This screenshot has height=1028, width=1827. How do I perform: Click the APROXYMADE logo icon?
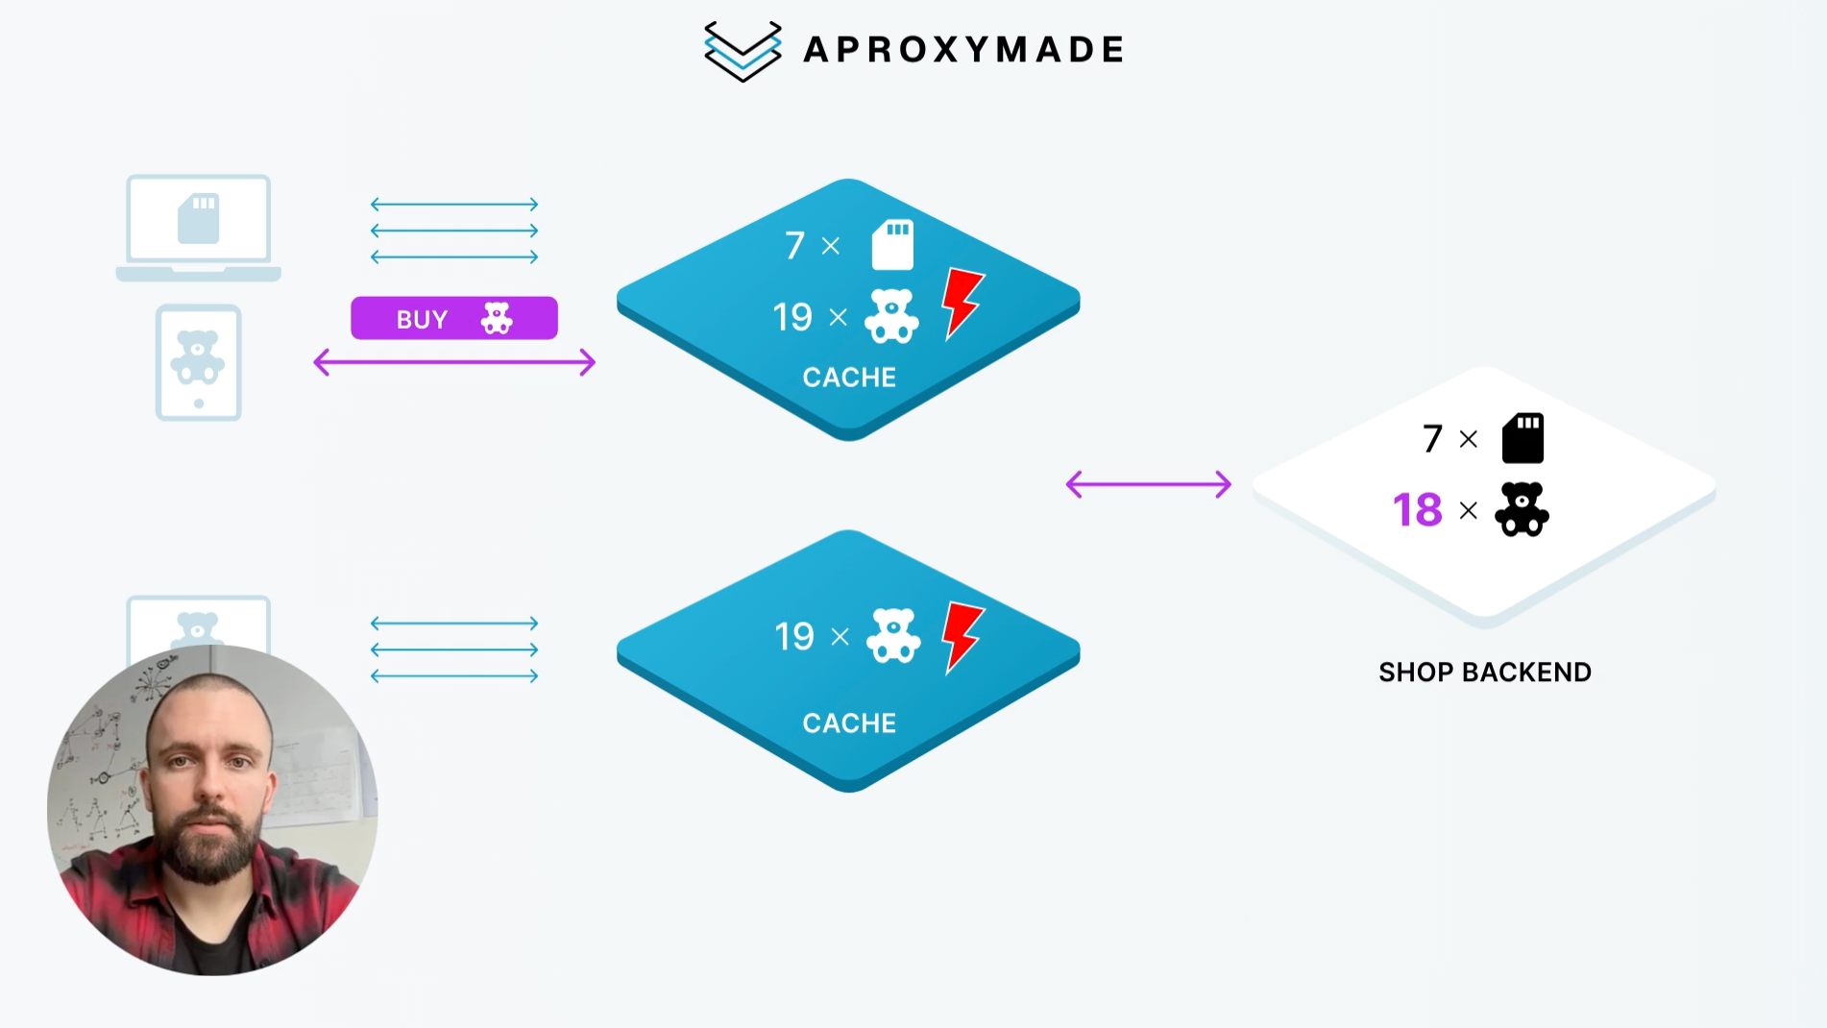[742, 51]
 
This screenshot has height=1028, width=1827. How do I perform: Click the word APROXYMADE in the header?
[963, 50]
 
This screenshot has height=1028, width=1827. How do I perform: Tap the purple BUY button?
[453, 318]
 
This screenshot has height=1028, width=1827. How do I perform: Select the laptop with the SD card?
[199, 227]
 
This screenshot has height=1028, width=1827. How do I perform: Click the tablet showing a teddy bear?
[198, 362]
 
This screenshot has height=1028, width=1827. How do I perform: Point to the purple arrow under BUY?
[454, 362]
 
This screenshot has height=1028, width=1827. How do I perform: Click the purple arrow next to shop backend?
[1148, 484]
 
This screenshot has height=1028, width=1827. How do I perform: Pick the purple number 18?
[1417, 510]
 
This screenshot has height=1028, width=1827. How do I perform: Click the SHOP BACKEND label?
[1484, 672]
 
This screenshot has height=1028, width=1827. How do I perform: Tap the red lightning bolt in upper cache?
[962, 302]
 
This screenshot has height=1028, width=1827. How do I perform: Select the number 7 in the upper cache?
[794, 246]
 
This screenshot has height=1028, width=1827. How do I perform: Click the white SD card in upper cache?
[892, 244]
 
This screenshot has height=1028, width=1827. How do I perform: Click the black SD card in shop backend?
[1522, 438]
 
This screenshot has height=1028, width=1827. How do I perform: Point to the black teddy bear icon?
[1522, 509]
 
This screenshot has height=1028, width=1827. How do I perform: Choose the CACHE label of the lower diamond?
[849, 722]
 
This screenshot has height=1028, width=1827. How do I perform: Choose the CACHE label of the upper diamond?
[849, 377]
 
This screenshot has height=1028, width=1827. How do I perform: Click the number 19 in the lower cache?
[794, 636]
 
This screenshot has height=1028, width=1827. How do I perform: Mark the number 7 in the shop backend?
[1432, 439]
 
